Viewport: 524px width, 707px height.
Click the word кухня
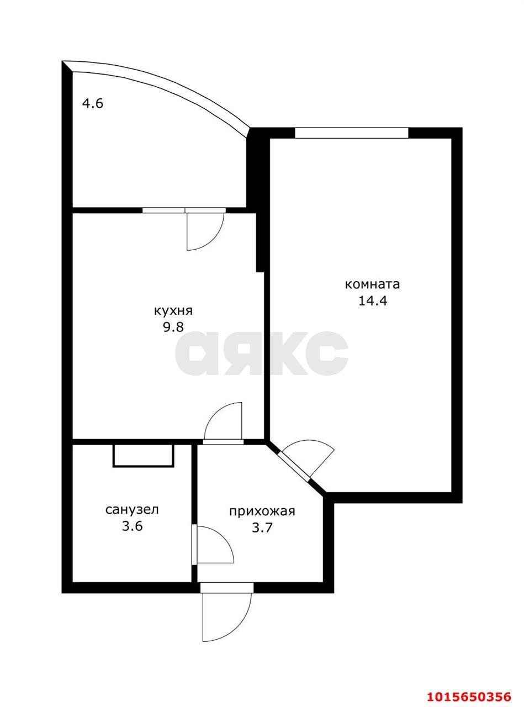(173, 311)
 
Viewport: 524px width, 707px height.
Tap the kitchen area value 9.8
(173, 328)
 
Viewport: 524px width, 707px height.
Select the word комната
(372, 284)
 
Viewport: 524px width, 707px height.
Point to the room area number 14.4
(373, 301)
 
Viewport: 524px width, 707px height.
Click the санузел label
(132, 510)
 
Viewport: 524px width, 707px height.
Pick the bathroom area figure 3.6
(132, 526)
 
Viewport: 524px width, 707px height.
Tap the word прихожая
(262, 511)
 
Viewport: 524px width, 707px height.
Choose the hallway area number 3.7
(262, 528)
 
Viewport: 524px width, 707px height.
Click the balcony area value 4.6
(93, 104)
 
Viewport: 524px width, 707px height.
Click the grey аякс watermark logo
(261, 353)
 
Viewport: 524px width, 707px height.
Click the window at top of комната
(351, 133)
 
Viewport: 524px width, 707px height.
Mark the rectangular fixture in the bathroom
(144, 456)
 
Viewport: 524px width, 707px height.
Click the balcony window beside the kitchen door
(163, 210)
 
